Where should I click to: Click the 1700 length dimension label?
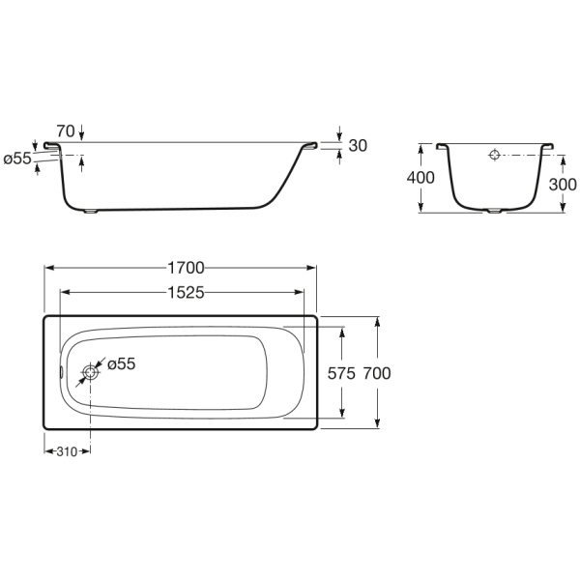(186, 268)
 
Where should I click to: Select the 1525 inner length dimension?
(186, 293)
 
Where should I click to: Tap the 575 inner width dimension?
(341, 373)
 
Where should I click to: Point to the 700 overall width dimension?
(377, 373)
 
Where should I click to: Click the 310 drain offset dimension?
(67, 451)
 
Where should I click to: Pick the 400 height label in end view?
(420, 178)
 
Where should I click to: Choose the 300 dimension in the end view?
(563, 185)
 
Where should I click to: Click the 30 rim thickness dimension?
(358, 146)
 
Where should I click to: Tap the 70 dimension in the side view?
(66, 130)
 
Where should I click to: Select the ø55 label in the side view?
(17, 159)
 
